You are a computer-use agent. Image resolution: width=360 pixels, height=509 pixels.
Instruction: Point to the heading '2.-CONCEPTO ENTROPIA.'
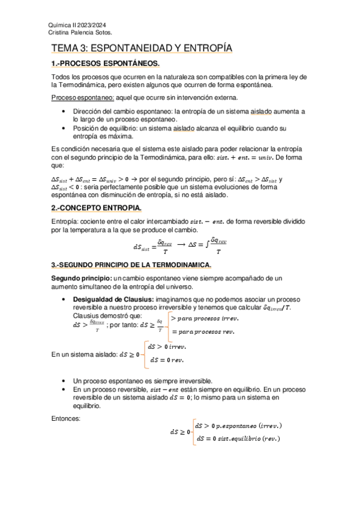click(x=96, y=208)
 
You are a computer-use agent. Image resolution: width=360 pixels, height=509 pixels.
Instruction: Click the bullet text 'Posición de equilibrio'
click(x=108, y=128)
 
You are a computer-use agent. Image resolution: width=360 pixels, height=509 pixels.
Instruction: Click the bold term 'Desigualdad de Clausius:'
click(x=113, y=300)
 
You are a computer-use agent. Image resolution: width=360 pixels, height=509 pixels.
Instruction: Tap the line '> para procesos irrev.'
click(x=205, y=318)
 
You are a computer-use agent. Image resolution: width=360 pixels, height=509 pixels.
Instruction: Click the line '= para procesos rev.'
click(x=204, y=332)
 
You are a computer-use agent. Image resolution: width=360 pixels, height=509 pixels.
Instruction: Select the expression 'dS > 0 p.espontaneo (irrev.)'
click(x=239, y=426)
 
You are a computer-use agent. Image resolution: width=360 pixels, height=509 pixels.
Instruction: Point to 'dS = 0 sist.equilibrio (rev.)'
click(x=238, y=439)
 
